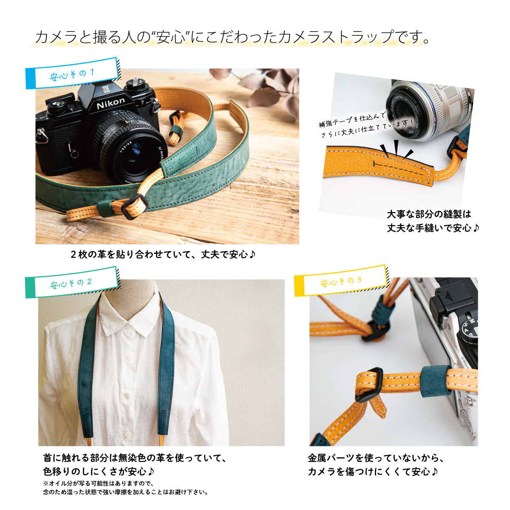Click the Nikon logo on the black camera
tap(110, 103)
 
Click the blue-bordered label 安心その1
tap(72, 73)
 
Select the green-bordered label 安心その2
tap(71, 283)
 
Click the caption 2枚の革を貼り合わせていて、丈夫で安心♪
tap(163, 255)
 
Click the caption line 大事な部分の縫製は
tap(429, 214)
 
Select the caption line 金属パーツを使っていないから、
tap(375, 458)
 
